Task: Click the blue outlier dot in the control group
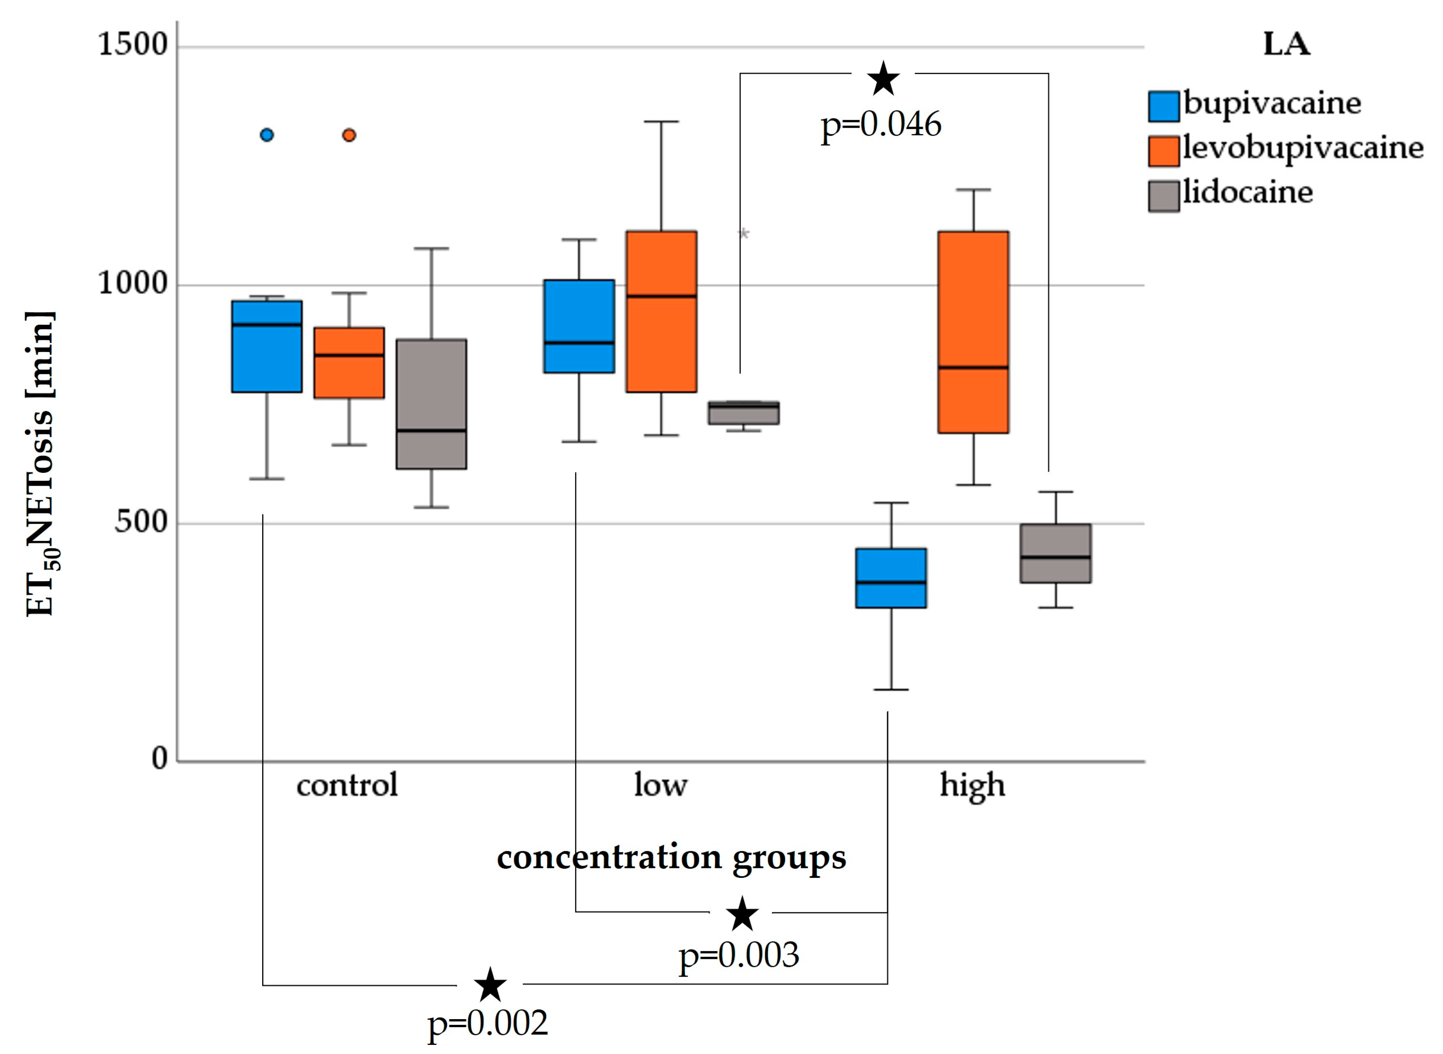(267, 134)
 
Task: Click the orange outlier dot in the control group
(349, 134)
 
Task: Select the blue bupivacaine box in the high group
(890, 577)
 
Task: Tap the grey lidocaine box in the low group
(743, 413)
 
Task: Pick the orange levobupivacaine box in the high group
(973, 332)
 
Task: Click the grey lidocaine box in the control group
(432, 404)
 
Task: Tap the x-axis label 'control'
(347, 785)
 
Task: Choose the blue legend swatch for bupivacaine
(1163, 106)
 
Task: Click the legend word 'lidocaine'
(1248, 192)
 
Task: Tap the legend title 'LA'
(1286, 45)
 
